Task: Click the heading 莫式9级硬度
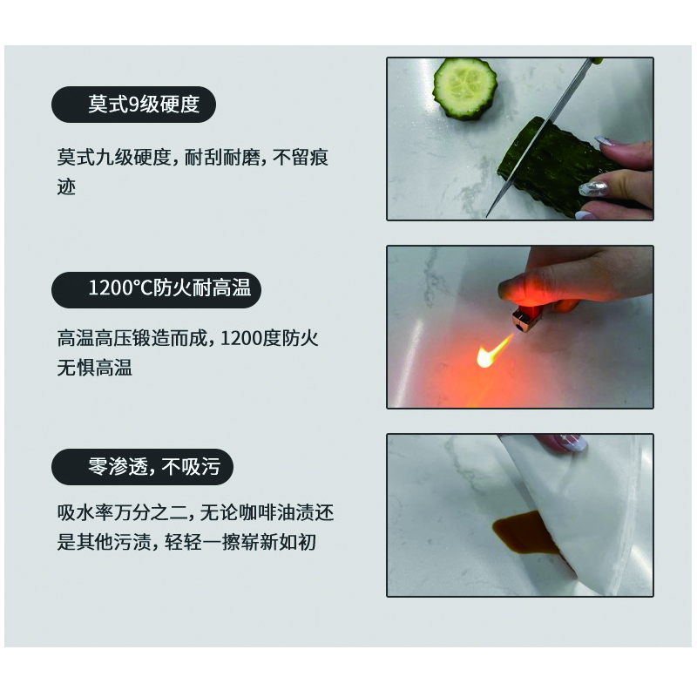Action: click(144, 104)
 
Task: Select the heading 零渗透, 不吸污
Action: click(154, 466)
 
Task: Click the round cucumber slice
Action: click(465, 88)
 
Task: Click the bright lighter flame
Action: click(493, 350)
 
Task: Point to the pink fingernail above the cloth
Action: click(572, 442)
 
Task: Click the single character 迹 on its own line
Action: click(66, 186)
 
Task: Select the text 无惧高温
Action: click(94, 368)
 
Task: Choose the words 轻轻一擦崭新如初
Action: click(240, 542)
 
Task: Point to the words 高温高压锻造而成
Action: click(132, 338)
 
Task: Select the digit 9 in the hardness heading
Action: click(134, 105)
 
